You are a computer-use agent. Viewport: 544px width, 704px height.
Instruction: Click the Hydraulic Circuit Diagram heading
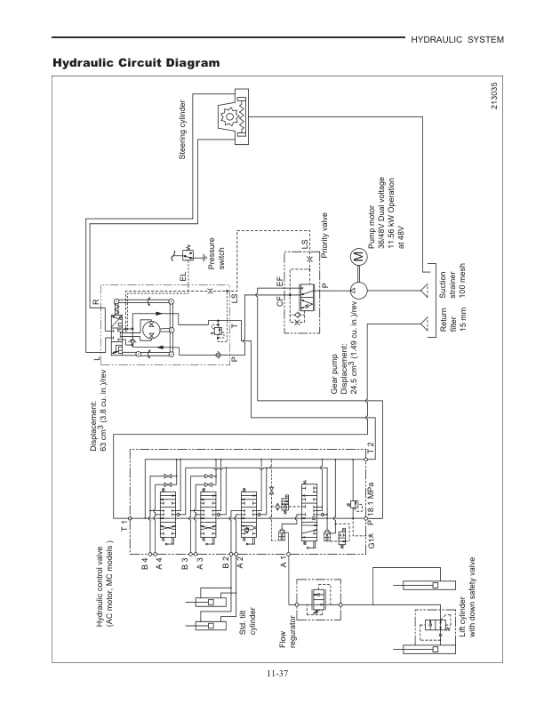click(x=136, y=64)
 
